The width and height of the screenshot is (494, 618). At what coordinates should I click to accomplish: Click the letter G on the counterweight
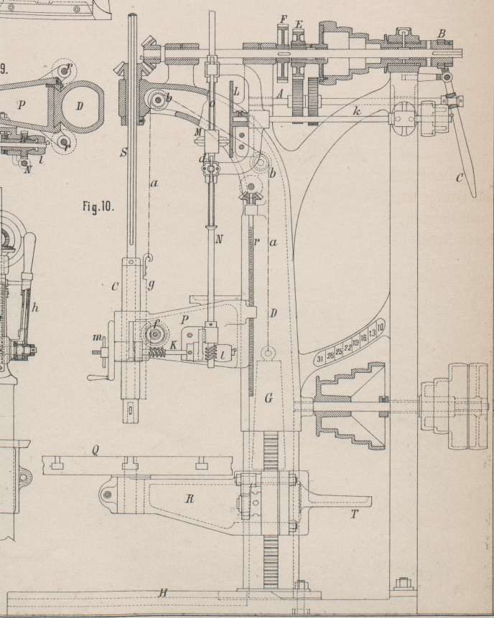click(268, 399)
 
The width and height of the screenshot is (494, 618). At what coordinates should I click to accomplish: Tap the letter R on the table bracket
click(190, 499)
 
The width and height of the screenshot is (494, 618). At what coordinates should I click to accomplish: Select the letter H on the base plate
click(163, 591)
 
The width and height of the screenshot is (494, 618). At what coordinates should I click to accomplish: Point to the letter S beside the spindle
click(124, 153)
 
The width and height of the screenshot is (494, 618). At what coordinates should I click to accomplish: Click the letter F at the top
click(283, 20)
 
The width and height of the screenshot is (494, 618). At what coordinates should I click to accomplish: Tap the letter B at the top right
click(442, 33)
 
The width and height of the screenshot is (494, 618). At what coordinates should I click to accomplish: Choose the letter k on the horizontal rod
click(355, 111)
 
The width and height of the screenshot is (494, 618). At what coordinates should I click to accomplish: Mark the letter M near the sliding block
click(198, 133)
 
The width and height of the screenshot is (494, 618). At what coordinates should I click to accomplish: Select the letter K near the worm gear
click(174, 345)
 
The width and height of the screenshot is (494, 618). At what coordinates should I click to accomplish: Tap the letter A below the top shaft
click(279, 94)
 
